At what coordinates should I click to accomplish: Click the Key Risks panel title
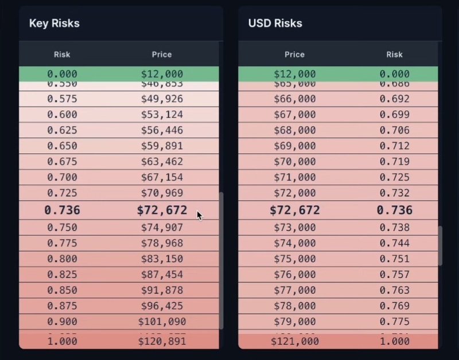[54, 24]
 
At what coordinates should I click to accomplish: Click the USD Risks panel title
[275, 24]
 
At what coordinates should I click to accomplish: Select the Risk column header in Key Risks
[62, 54]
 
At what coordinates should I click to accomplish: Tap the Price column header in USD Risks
[294, 54]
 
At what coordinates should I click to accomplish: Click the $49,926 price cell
[162, 99]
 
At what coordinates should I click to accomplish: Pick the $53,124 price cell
[162, 115]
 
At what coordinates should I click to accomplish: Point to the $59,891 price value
[162, 146]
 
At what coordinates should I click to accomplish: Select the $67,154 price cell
[162, 177]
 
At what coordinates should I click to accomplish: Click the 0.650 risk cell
[62, 146]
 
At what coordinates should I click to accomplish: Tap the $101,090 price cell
[162, 322]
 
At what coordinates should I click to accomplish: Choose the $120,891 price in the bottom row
[162, 341]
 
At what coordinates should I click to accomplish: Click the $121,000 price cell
[294, 341]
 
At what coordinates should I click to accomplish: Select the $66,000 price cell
[294, 99]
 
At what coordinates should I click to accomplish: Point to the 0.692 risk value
[394, 99]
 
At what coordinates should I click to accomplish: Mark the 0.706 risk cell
[394, 130]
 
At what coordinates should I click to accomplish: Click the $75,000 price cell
[294, 259]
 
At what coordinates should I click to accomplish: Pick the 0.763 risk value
[394, 290]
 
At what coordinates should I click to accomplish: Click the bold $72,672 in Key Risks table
[162, 210]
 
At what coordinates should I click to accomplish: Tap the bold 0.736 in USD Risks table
[394, 210]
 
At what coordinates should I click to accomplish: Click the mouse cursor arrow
[199, 216]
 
